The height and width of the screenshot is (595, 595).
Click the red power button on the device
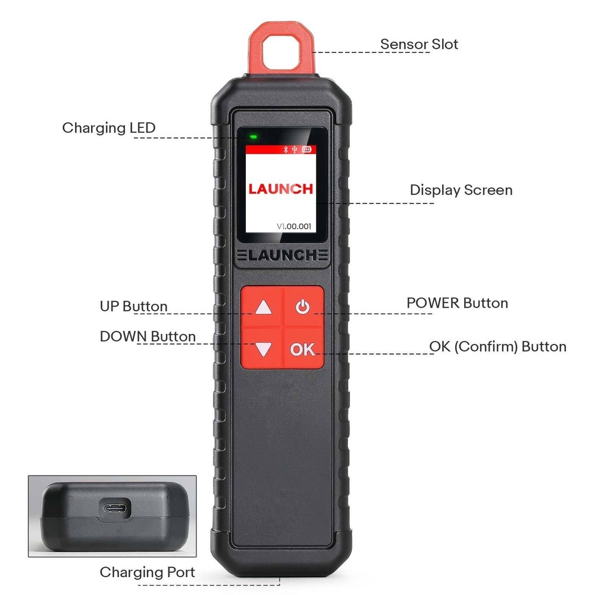(303, 308)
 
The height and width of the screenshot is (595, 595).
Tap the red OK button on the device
(303, 349)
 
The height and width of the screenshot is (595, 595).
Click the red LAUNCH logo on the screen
(280, 189)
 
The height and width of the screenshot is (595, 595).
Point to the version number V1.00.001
(294, 226)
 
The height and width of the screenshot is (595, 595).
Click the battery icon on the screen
(307, 150)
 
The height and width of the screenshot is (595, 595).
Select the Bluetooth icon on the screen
(284, 150)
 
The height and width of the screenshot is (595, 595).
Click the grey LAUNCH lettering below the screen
(282, 256)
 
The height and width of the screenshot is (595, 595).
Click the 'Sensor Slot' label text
(419, 44)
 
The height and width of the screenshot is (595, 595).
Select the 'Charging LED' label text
(109, 127)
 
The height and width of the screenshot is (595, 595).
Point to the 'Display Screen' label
(461, 190)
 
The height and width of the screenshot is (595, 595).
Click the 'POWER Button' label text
(457, 303)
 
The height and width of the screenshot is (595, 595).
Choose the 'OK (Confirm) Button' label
(497, 346)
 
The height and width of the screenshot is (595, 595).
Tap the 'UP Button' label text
(133, 306)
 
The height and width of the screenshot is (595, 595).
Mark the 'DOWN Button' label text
(148, 337)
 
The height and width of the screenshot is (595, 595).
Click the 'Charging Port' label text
(147, 572)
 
